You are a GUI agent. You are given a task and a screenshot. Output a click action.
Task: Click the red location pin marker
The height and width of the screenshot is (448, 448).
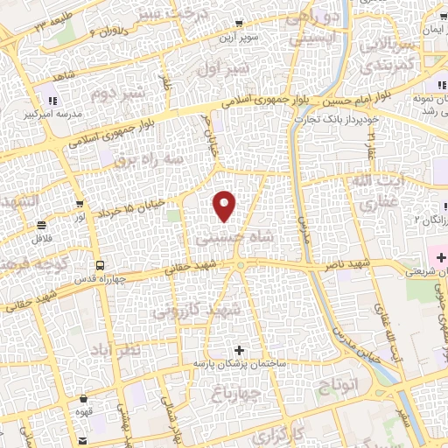click(225, 205)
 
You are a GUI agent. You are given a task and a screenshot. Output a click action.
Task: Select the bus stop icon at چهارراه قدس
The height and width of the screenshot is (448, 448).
click(101, 264)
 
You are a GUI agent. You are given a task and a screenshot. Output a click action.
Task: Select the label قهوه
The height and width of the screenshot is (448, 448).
click(101, 420)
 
